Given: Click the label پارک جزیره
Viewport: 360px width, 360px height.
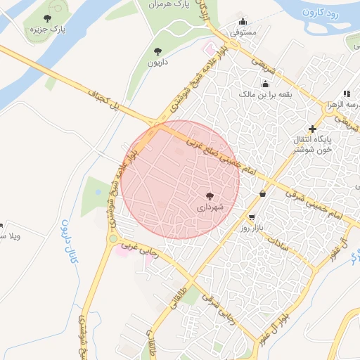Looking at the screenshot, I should point(47,31).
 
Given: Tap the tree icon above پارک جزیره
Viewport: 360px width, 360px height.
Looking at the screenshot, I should point(47,19).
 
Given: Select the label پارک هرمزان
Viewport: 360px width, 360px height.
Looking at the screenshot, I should point(168,5).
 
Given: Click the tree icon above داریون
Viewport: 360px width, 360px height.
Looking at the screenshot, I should point(157,51).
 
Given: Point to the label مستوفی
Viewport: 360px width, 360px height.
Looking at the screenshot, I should point(244,32).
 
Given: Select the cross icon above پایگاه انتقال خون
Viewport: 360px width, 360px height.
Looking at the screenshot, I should point(312,129).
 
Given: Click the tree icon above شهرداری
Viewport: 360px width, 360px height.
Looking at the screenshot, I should point(210,195).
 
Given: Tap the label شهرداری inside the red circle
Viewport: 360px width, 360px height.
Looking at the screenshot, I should point(210,207).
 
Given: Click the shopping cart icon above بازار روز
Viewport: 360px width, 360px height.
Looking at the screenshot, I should point(252,217).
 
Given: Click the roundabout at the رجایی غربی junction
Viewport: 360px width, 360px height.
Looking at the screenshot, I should point(112,239).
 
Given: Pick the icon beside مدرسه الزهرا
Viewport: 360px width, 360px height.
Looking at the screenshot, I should point(347,94).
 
